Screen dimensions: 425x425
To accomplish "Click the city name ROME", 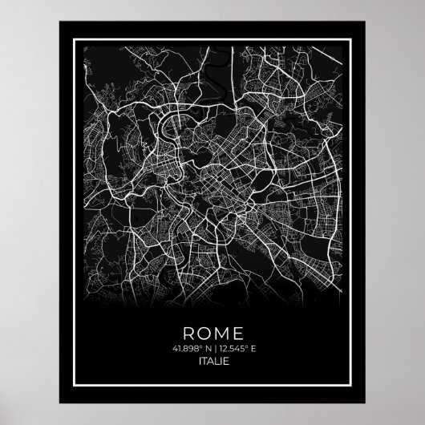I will pos(212,332).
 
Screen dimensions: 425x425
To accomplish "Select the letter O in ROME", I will pos(204,332).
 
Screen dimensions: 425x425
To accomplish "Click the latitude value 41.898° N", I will pos(189,349).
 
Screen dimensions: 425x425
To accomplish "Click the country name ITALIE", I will pos(212,363).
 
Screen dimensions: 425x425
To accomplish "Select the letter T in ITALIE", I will pos(202,363).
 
